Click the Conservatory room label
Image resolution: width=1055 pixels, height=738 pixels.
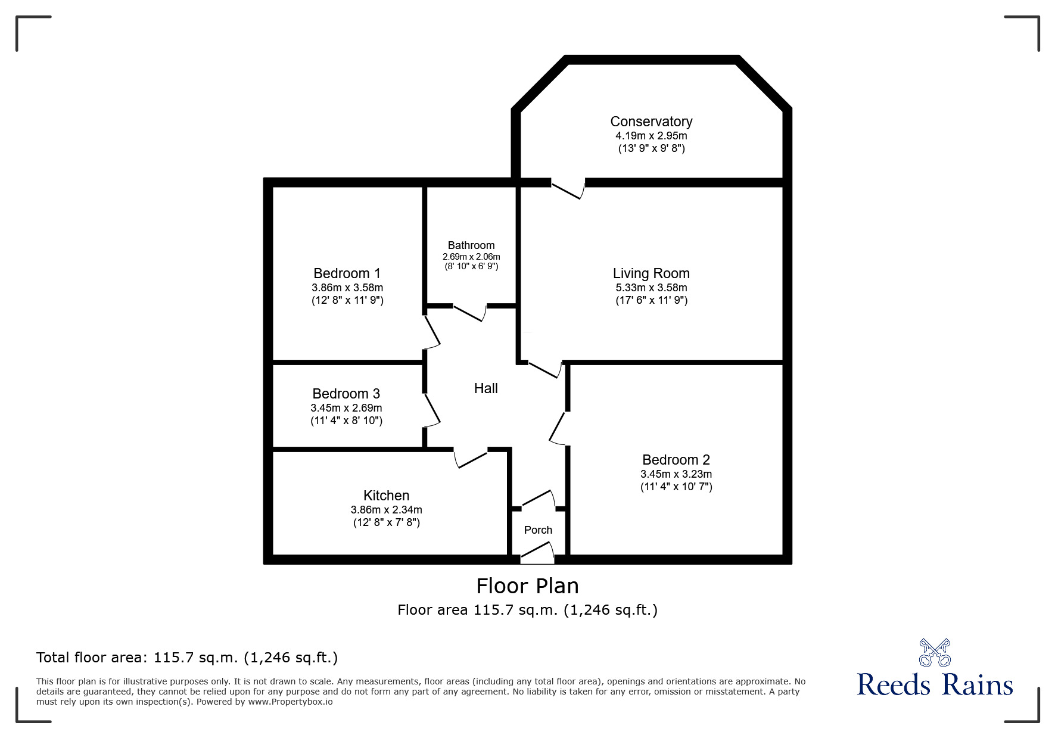[651, 122]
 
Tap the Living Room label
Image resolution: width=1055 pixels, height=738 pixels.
[651, 273]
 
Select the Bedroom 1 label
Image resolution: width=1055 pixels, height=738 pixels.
[347, 273]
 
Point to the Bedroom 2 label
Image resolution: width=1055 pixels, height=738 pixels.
[676, 460]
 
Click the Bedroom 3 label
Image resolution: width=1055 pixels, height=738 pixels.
[346, 394]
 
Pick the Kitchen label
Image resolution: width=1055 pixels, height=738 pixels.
[386, 496]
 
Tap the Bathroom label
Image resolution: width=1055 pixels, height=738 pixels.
[471, 245]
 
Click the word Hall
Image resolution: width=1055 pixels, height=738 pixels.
[486, 388]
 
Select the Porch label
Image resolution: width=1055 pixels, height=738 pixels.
[538, 530]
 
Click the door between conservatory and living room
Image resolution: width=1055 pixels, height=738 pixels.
[568, 189]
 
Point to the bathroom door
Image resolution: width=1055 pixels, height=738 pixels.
[470, 313]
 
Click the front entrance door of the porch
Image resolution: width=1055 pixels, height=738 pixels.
[537, 553]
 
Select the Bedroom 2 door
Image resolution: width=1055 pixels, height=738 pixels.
[558, 428]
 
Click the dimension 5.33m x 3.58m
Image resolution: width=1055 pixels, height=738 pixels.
[651, 288]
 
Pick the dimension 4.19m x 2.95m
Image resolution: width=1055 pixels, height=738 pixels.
[651, 136]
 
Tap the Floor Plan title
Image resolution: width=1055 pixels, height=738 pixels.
[527, 586]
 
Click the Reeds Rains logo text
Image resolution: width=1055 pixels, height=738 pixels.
[935, 685]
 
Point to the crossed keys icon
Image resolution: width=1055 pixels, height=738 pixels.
[935, 653]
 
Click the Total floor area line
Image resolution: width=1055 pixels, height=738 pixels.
[187, 658]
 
